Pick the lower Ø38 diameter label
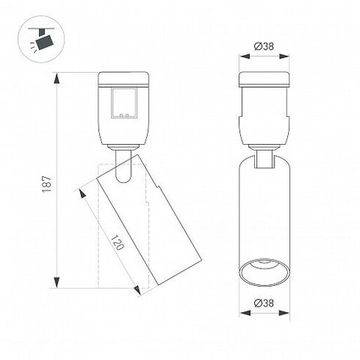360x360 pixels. point(264,327)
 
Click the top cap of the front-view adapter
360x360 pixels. point(264,79)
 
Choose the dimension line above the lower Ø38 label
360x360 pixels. point(264,317)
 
